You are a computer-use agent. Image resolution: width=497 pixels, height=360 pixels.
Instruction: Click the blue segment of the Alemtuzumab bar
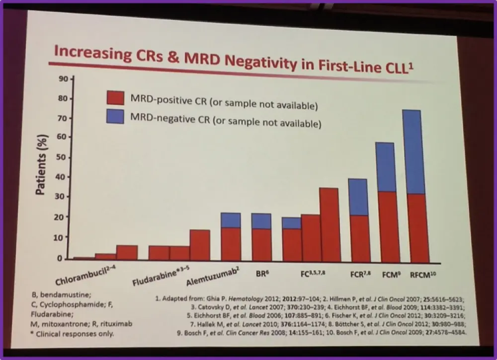(x=231, y=220)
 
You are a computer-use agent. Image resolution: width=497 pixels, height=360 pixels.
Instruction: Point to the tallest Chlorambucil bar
(x=127, y=252)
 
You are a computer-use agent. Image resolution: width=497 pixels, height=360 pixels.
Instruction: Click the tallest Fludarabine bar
(x=200, y=245)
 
